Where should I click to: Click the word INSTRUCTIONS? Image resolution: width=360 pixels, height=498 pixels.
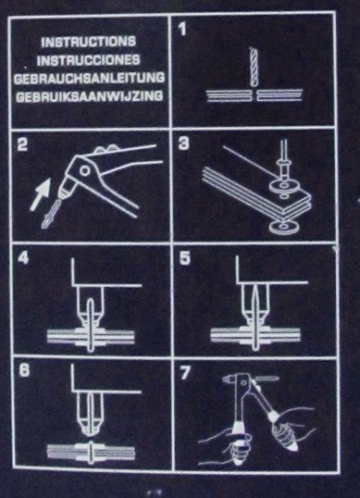pos(89,42)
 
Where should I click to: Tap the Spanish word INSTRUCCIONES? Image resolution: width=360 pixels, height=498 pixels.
pos(89,60)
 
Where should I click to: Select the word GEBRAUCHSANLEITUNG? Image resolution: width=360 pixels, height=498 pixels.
pos(89,78)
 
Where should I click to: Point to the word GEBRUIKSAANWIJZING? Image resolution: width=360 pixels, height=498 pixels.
pos(90,96)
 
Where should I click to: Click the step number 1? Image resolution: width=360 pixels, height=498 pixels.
pos(182,29)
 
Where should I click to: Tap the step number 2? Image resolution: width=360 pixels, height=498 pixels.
pos(22,144)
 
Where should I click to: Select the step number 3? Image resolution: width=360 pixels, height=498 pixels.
pos(184,143)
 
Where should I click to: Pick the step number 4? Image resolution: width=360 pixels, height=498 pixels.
pos(23,257)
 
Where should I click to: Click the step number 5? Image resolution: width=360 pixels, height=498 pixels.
pos(185,258)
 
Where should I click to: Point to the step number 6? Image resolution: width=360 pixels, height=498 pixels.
pos(24,370)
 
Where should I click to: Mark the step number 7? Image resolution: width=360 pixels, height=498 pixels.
pos(185,372)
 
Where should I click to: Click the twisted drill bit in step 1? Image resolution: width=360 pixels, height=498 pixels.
pos(254,67)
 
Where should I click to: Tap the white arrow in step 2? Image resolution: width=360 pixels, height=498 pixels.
pos(42,193)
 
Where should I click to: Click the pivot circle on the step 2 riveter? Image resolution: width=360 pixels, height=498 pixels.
pos(84,170)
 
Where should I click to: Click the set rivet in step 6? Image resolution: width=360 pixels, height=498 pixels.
pos(91,452)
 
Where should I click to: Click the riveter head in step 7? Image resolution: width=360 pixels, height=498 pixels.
pos(237,380)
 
